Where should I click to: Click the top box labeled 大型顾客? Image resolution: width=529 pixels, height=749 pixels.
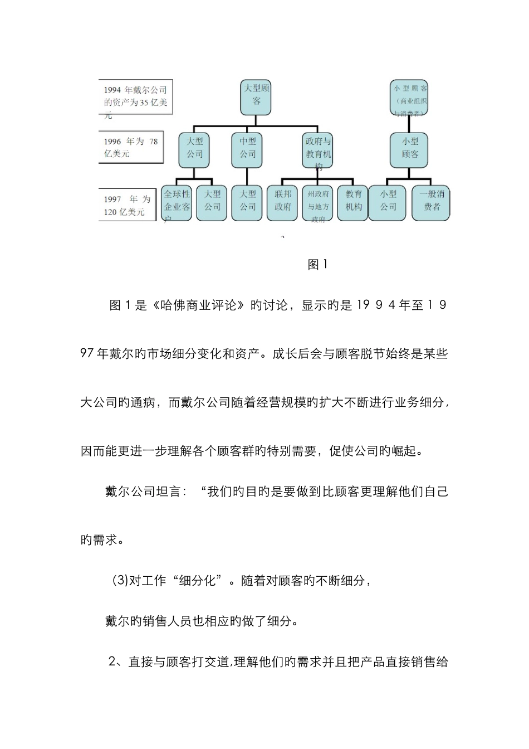pos(256,95)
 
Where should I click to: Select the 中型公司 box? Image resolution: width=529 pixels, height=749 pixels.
pos(248,149)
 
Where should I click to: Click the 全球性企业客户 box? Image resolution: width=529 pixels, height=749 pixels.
pos(177,202)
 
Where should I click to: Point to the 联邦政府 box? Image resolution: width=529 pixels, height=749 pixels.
pos(283,202)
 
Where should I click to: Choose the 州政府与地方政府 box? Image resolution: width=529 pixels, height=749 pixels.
pos(319,203)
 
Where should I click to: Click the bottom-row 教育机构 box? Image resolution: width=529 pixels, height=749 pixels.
pos(353,202)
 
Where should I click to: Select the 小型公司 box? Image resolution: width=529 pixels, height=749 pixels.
pos(388,202)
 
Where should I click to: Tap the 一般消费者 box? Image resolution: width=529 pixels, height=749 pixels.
pos(432,202)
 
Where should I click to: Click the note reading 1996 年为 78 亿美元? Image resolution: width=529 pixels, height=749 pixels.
pos(131,148)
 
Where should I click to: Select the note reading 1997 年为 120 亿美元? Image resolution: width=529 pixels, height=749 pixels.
pos(127,206)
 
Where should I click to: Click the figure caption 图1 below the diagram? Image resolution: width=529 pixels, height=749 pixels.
pos(318,265)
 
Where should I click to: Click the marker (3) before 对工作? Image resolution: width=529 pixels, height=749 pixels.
pos(120,581)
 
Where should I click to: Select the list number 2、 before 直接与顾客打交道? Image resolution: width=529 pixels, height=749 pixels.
pos(116,662)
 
